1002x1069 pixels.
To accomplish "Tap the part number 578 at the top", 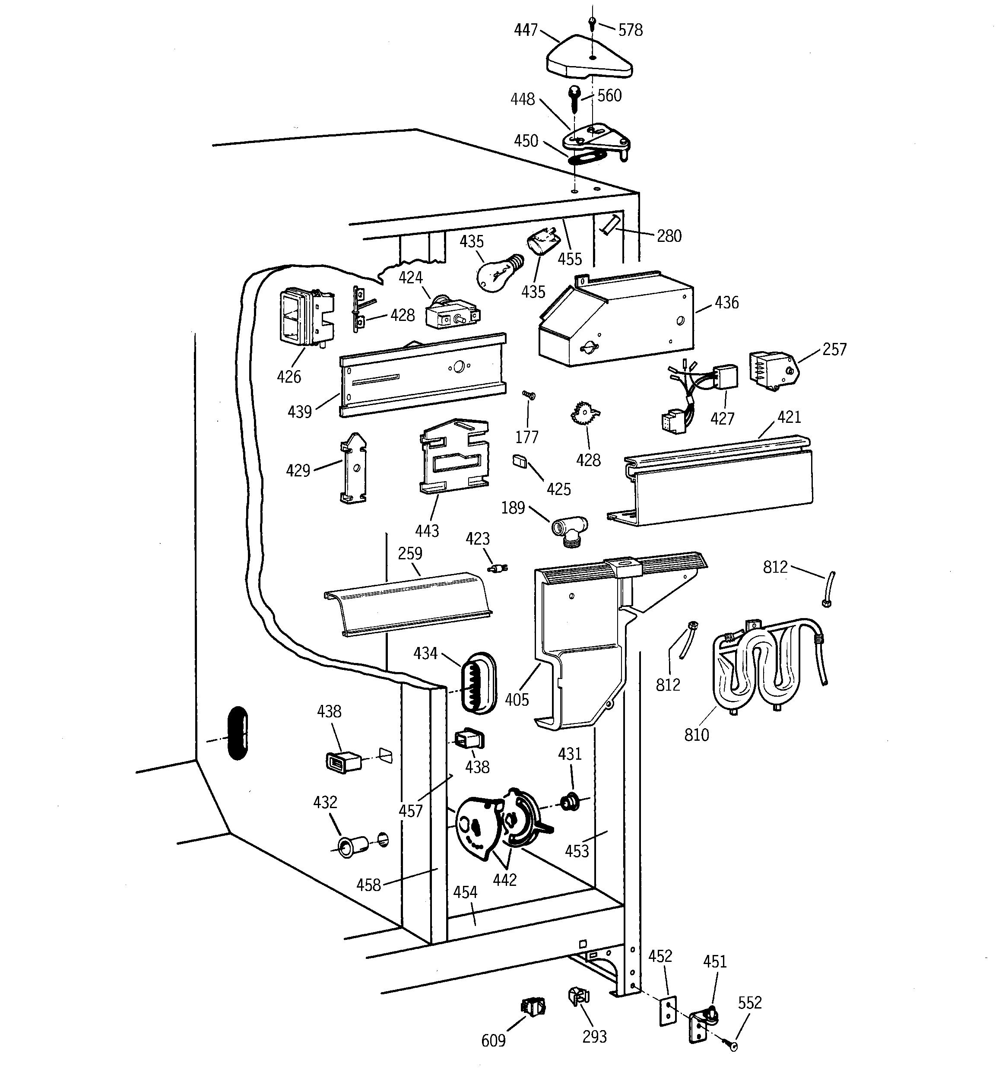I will pyautogui.click(x=630, y=30).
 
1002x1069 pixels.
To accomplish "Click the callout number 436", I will pyautogui.click(x=726, y=303).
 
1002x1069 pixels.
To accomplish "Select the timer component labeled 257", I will pyautogui.click(x=772, y=369).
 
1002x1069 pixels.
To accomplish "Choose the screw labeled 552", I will pyautogui.click(x=732, y=1046).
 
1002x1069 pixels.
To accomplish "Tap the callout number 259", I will pyautogui.click(x=410, y=553).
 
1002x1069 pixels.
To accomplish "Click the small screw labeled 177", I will pyautogui.click(x=529, y=395).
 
